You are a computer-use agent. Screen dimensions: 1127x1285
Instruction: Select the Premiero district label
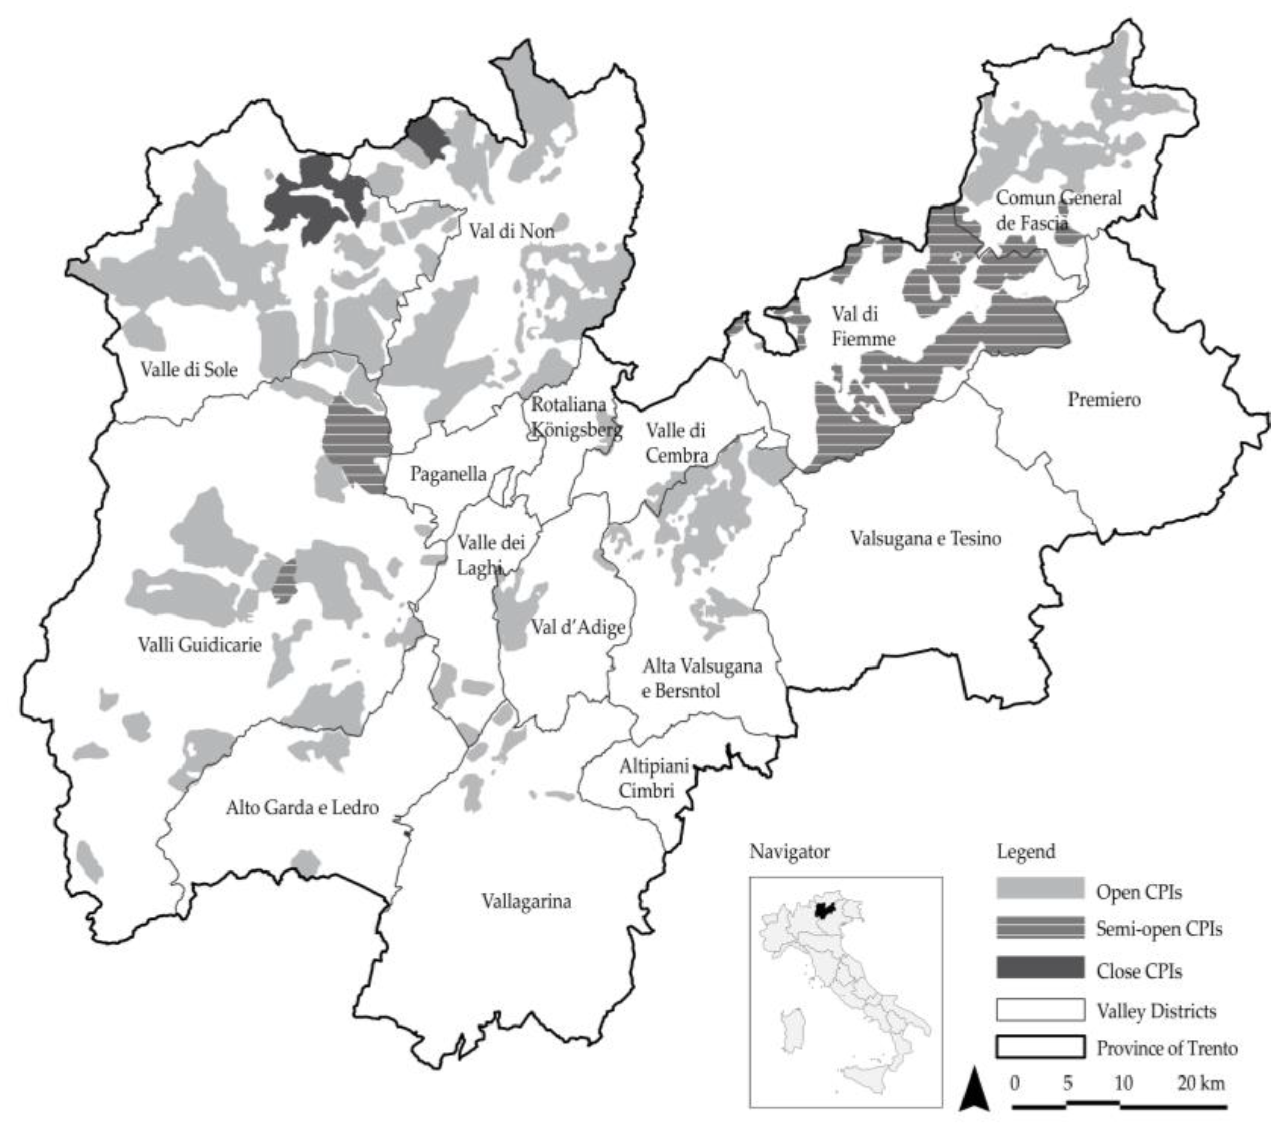pos(1104,399)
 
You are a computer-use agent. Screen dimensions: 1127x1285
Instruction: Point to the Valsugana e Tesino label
pos(926,538)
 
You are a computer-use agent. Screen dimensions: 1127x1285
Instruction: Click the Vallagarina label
pos(526,901)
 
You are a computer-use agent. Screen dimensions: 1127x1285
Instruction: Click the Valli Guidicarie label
pos(200,645)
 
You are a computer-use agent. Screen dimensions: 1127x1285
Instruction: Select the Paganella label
pos(448,474)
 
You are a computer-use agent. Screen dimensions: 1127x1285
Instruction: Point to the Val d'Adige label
pos(578,627)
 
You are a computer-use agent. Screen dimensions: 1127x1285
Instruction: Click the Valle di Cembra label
pos(676,443)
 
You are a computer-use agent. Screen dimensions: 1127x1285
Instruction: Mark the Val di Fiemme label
pos(863,326)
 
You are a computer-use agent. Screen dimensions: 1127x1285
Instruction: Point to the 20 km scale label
pos(1201,1083)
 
